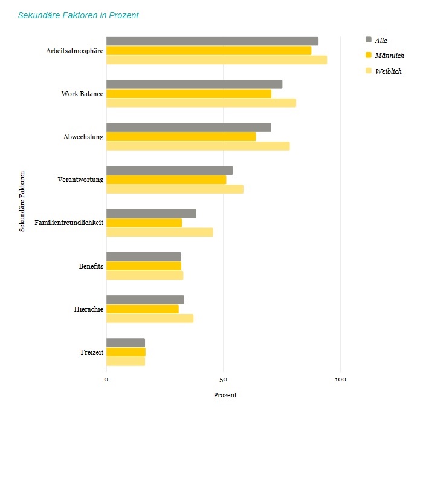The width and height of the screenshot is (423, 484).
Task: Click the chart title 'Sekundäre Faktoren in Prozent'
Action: click(79, 15)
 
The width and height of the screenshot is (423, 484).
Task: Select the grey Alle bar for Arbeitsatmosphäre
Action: click(212, 41)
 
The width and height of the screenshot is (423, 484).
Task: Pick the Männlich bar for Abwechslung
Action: click(181, 137)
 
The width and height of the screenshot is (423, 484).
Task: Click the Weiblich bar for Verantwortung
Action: click(175, 189)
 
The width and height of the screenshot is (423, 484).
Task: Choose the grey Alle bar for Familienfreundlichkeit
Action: click(151, 214)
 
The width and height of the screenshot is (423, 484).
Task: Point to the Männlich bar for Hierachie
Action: click(143, 309)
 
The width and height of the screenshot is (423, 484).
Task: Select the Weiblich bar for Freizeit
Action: click(126, 361)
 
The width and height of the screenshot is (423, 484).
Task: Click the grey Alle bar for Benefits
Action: click(144, 257)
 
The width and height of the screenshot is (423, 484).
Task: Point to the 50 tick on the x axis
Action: click(223, 380)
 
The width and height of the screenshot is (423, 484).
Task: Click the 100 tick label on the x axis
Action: click(340, 380)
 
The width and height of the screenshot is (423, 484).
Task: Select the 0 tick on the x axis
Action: click(106, 380)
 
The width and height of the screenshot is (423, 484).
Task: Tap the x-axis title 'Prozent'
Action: click(225, 395)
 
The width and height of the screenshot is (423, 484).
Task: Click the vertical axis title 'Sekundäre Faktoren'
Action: click(22, 201)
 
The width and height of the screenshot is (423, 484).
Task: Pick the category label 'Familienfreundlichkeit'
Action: click(69, 223)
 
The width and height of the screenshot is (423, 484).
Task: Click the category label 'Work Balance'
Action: click(82, 94)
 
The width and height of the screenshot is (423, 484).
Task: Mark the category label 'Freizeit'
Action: click(92, 352)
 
